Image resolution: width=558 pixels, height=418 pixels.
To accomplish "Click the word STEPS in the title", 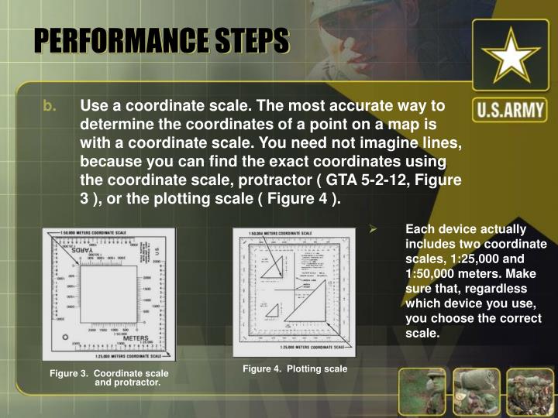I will (250, 40).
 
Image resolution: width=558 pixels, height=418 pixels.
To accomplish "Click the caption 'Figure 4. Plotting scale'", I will (294, 368).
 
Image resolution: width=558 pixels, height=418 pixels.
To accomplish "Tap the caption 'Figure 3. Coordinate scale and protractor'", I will (109, 378).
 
